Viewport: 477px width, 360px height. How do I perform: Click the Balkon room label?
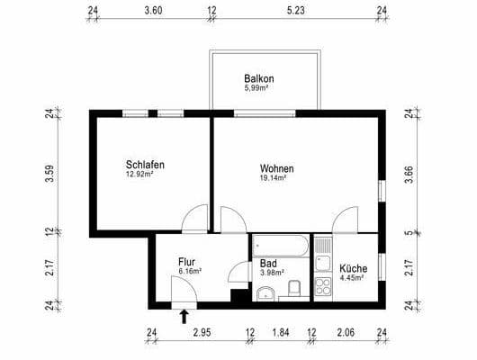coord(258,78)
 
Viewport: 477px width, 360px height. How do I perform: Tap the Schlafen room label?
coord(145,166)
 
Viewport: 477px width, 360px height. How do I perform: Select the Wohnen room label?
coord(276,168)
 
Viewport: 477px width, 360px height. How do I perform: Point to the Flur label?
coord(188,262)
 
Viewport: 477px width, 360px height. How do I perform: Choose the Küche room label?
coord(352,267)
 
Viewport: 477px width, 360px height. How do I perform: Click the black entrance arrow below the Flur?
coord(184,315)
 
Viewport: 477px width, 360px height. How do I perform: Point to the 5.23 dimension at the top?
coord(297,12)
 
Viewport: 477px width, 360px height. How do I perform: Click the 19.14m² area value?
coord(274,178)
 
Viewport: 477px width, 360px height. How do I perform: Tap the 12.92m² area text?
coord(140,175)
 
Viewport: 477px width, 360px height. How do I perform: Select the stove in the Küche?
coord(322,288)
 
